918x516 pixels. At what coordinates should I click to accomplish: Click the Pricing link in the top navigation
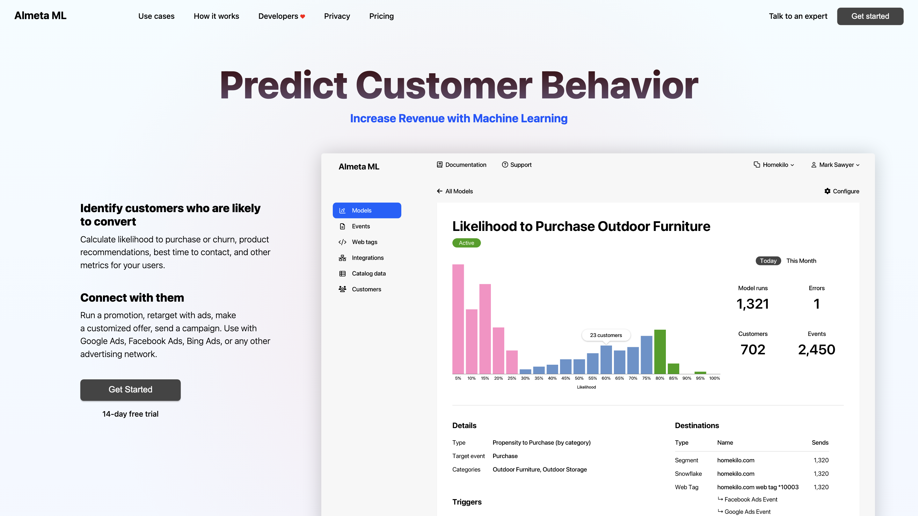[381, 16]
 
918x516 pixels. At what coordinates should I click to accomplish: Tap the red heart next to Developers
[302, 16]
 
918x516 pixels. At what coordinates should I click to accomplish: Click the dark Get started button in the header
[870, 16]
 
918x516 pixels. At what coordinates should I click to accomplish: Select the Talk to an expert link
[798, 16]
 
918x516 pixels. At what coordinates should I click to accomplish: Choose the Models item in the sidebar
[367, 211]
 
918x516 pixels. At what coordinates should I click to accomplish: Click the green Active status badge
[466, 243]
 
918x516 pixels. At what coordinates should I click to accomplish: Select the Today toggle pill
[768, 261]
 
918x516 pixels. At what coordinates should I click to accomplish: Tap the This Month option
[801, 261]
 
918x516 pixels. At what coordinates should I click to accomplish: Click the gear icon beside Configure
[827, 191]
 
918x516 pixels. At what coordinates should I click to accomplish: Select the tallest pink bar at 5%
[458, 319]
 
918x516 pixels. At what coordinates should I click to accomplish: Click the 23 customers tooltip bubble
[606, 335]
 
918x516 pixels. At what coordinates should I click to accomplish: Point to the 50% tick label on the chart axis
[579, 378]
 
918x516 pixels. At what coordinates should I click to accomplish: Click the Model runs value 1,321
[753, 304]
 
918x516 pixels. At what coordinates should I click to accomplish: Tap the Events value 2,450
[816, 350]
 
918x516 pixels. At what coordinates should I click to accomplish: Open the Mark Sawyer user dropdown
[835, 165]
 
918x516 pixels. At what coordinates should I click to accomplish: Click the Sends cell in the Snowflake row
[821, 474]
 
